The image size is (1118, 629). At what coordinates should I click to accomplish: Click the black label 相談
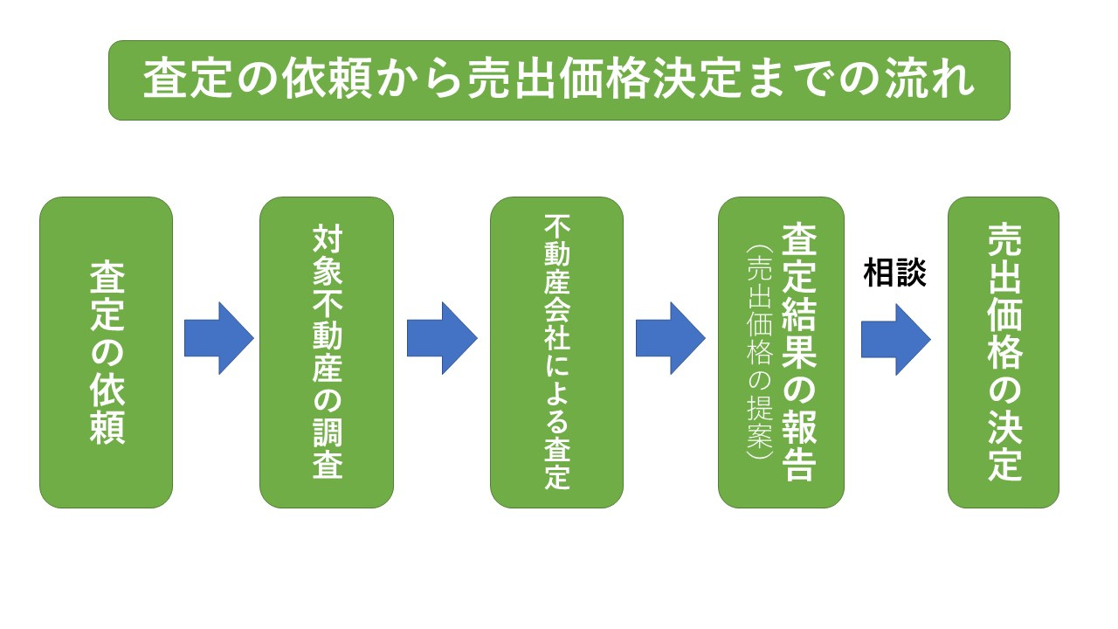(894, 273)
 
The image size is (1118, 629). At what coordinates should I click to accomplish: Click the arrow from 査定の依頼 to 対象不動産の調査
(218, 338)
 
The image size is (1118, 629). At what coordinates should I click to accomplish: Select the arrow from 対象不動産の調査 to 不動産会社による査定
(442, 338)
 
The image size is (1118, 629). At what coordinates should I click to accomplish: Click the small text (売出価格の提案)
(756, 352)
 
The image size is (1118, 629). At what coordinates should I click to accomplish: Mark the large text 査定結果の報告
(798, 352)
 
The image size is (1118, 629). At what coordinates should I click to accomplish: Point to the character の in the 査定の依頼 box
(107, 352)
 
